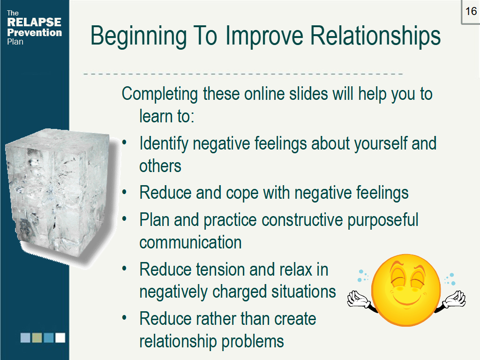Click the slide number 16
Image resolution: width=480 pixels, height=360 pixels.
click(471, 11)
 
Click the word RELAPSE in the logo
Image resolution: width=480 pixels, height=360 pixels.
click(34, 22)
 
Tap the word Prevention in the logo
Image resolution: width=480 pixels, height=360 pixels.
click(34, 32)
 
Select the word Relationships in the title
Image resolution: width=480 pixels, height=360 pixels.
click(375, 36)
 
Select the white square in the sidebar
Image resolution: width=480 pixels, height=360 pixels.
click(60, 337)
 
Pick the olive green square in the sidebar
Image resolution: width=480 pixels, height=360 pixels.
click(37, 337)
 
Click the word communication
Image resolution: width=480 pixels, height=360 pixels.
click(190, 242)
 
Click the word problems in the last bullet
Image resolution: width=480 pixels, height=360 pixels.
click(253, 341)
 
